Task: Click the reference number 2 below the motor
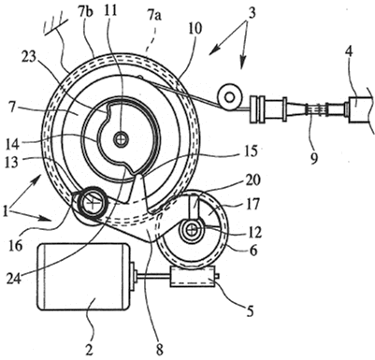tap(89, 350)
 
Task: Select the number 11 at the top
tap(110, 11)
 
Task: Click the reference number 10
tap(195, 28)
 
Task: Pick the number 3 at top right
tap(252, 13)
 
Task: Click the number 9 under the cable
tap(314, 158)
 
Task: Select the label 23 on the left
tap(29, 57)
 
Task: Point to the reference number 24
tap(14, 278)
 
